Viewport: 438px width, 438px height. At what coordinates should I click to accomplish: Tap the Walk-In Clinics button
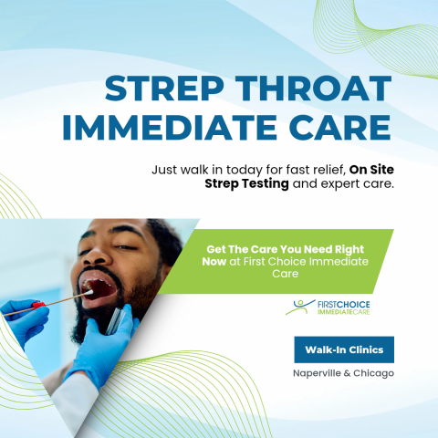click(x=344, y=349)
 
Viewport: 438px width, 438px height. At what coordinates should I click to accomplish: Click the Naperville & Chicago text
click(x=343, y=373)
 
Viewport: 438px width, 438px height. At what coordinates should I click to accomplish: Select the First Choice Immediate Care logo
click(x=333, y=308)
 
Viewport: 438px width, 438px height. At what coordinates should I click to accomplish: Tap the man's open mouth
click(x=100, y=291)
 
